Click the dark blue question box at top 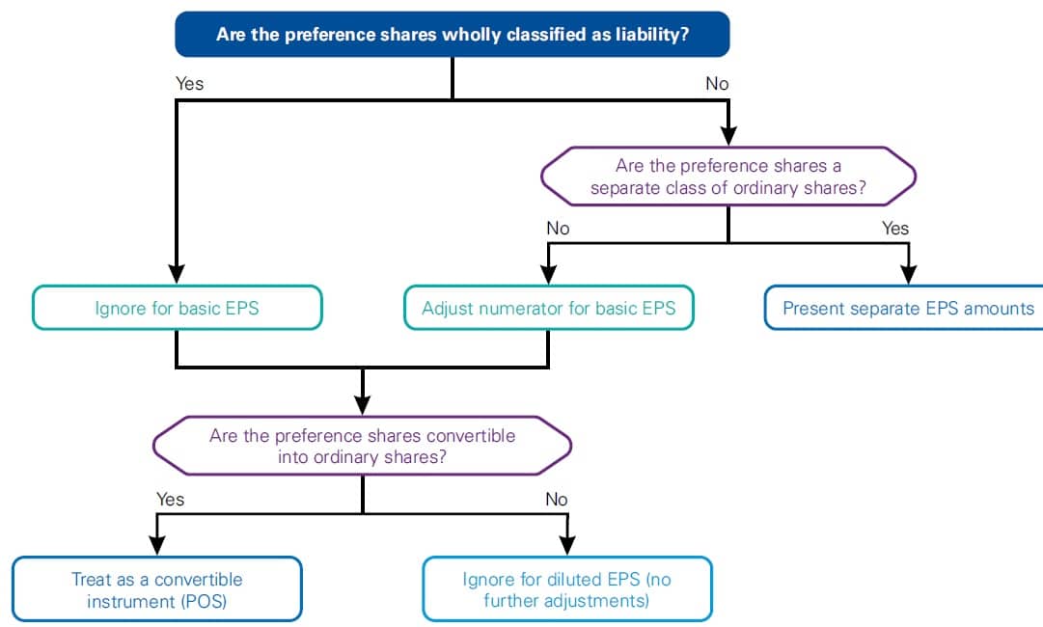coord(452,34)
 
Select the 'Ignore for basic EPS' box coord(177,309)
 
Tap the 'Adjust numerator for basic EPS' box coord(548,309)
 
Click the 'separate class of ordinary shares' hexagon coord(727,177)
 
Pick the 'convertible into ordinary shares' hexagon coord(362,446)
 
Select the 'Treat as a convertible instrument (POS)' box coord(156,589)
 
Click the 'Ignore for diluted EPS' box coord(567,589)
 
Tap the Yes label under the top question coord(190,84)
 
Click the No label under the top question coord(717,84)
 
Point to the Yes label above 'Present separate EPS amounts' coord(895,229)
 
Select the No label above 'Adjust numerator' coord(558,229)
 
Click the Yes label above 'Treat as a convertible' coord(170,500)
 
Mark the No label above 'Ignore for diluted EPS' coord(556,500)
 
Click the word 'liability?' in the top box coord(651,35)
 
